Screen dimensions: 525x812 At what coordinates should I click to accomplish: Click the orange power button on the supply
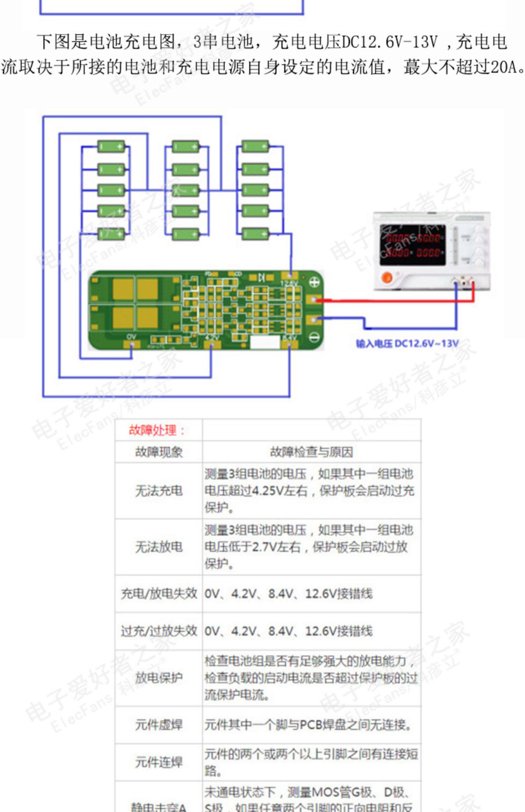[386, 277]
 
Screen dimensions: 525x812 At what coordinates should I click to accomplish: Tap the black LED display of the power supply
[413, 245]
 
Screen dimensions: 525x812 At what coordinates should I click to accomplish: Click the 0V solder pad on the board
[132, 344]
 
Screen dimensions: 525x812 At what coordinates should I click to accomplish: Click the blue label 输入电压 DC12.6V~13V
[407, 344]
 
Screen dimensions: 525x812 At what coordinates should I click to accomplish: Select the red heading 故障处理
[156, 430]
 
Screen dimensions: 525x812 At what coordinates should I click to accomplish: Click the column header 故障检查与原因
[311, 452]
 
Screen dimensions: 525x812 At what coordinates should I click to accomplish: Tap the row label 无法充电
[159, 491]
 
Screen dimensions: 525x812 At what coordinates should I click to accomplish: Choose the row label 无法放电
[159, 547]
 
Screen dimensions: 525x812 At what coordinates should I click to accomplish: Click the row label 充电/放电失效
[159, 594]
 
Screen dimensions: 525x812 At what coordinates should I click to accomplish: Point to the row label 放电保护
[159, 678]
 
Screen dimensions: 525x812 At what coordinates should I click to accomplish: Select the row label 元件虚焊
[159, 725]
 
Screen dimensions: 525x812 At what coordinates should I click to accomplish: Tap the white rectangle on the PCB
[265, 342]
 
